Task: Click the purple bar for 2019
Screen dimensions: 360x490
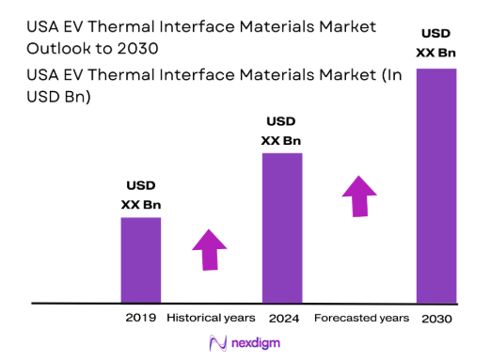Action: pos(140,259)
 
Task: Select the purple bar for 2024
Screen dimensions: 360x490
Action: pos(282,227)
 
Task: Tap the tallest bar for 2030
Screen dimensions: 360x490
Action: pos(436,185)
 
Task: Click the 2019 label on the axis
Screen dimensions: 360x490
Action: pos(141,318)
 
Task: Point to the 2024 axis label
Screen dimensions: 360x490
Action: pos(283,318)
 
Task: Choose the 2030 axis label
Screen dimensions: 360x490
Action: pos(437,319)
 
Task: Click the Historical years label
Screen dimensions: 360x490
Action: pos(212,318)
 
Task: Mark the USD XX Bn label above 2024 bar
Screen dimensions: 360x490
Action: pos(282,132)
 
